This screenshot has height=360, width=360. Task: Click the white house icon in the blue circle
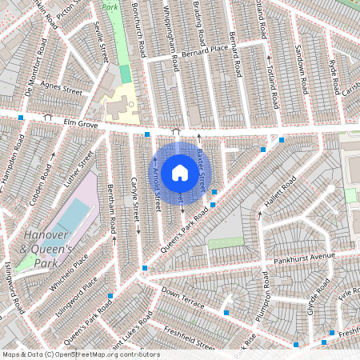click(179, 173)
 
